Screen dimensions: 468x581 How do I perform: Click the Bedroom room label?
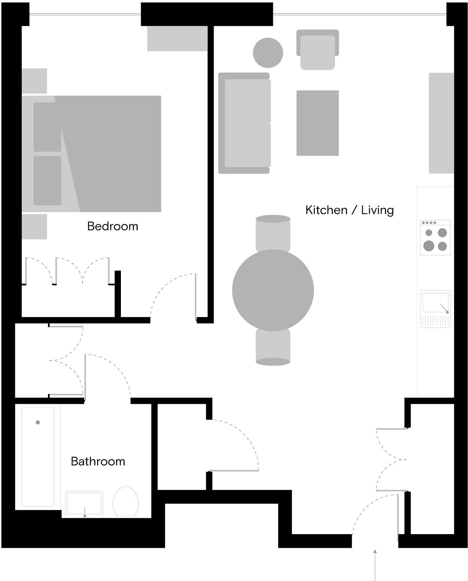click(112, 226)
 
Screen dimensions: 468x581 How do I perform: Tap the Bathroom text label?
click(98, 462)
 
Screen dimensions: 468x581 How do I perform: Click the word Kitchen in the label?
click(326, 210)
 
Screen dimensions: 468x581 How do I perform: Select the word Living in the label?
click(378, 210)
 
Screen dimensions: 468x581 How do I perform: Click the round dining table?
click(273, 290)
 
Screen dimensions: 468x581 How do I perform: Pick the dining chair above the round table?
click(273, 233)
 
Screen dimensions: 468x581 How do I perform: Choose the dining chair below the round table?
click(273, 347)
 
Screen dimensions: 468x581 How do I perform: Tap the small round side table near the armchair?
click(268, 53)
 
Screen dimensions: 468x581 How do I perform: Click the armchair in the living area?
click(317, 50)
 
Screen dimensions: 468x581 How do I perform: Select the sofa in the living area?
click(245, 123)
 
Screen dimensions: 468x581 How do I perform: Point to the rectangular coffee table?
click(317, 123)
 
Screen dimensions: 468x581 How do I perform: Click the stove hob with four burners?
click(435, 237)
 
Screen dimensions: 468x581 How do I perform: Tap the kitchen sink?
click(435, 309)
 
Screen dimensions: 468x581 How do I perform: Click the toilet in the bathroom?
click(126, 502)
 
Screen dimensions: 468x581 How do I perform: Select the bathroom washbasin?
click(84, 504)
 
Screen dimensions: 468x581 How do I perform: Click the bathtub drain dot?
click(38, 422)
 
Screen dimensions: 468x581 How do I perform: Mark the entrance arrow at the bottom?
click(375, 565)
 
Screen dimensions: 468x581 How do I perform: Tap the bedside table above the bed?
click(34, 81)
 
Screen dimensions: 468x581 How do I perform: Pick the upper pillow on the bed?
click(47, 127)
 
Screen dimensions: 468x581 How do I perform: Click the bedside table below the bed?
click(34, 227)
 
